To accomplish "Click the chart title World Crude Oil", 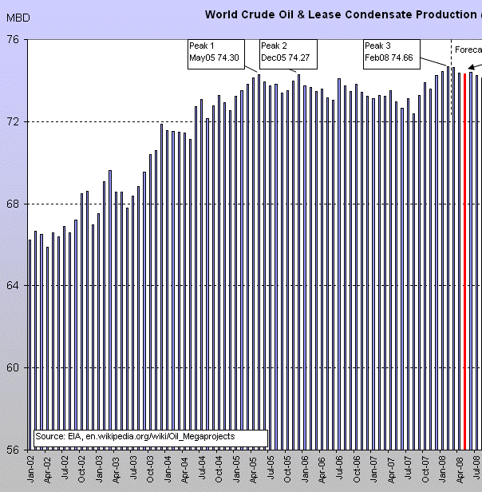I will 343,14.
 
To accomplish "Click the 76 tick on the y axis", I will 13,39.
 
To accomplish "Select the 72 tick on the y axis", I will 13,121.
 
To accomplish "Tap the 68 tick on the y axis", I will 13,204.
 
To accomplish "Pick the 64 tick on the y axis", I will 13,285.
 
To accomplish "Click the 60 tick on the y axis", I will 13,367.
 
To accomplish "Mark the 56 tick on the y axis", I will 13,450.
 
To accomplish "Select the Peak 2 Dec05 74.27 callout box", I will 289,51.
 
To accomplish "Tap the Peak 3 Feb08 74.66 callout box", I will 393,51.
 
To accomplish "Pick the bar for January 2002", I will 30,343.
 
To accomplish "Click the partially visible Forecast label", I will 468,50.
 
